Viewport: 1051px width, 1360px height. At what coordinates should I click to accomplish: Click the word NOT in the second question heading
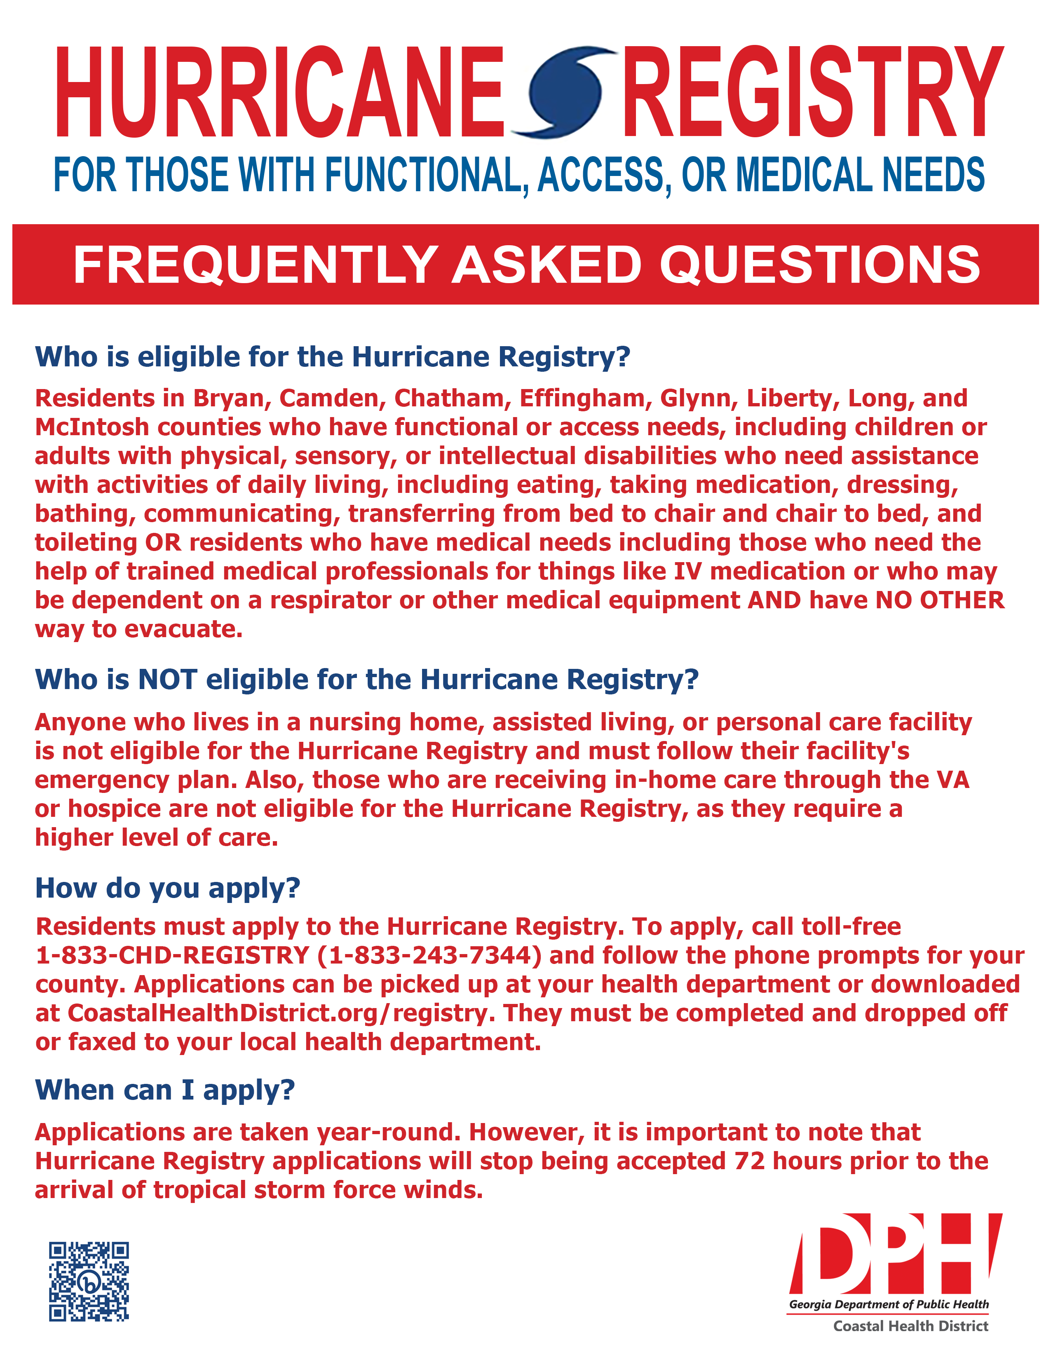point(167,679)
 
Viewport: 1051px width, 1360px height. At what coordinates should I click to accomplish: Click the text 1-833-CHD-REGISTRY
point(172,955)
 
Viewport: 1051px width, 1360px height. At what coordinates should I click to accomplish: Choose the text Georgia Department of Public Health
point(889,1304)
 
